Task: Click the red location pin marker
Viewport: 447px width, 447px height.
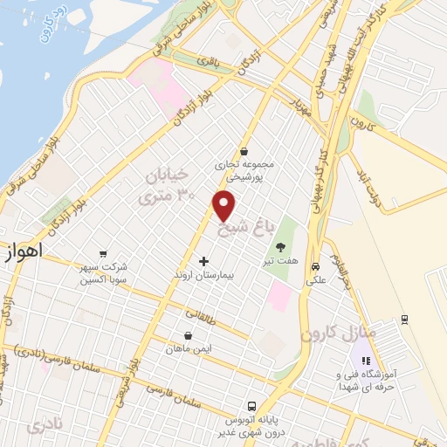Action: pos(224,205)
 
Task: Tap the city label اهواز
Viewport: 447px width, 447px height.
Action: pos(24,251)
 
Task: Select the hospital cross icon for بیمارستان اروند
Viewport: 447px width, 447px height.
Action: pos(204,261)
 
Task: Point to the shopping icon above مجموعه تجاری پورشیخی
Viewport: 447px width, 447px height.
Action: pos(243,150)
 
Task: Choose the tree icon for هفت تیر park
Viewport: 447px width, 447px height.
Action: pos(280,248)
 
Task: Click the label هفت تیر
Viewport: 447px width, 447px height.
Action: pos(280,260)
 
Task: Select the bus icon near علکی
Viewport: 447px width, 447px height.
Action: pos(315,267)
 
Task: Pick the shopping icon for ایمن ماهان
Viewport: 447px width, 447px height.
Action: pos(189,335)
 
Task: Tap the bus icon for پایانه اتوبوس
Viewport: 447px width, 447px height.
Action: pos(251,406)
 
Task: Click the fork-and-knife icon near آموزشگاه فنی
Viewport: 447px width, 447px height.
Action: pos(367,360)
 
